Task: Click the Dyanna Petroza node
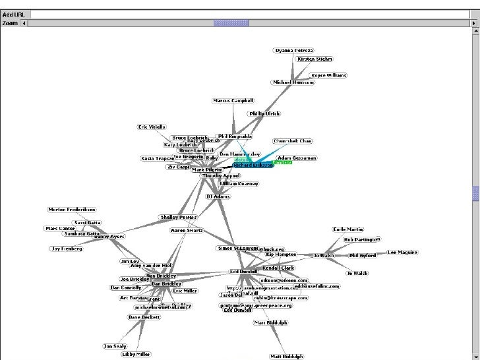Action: (x=294, y=50)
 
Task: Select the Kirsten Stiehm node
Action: (x=315, y=59)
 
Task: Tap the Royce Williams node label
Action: (x=328, y=75)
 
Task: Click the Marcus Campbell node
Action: (x=233, y=101)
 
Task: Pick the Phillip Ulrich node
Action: (x=264, y=113)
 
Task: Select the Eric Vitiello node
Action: (x=152, y=127)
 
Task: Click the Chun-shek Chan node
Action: (x=293, y=141)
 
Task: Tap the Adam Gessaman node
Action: (x=297, y=158)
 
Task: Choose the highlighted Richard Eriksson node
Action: (x=253, y=165)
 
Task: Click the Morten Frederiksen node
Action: (x=74, y=210)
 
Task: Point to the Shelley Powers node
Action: (x=178, y=216)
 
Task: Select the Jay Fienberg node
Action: (x=67, y=249)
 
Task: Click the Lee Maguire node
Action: (x=402, y=253)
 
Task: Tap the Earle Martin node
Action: (x=348, y=229)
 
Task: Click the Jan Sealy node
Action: (x=115, y=345)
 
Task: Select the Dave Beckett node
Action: (x=144, y=317)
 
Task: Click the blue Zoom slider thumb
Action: (x=222, y=23)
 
